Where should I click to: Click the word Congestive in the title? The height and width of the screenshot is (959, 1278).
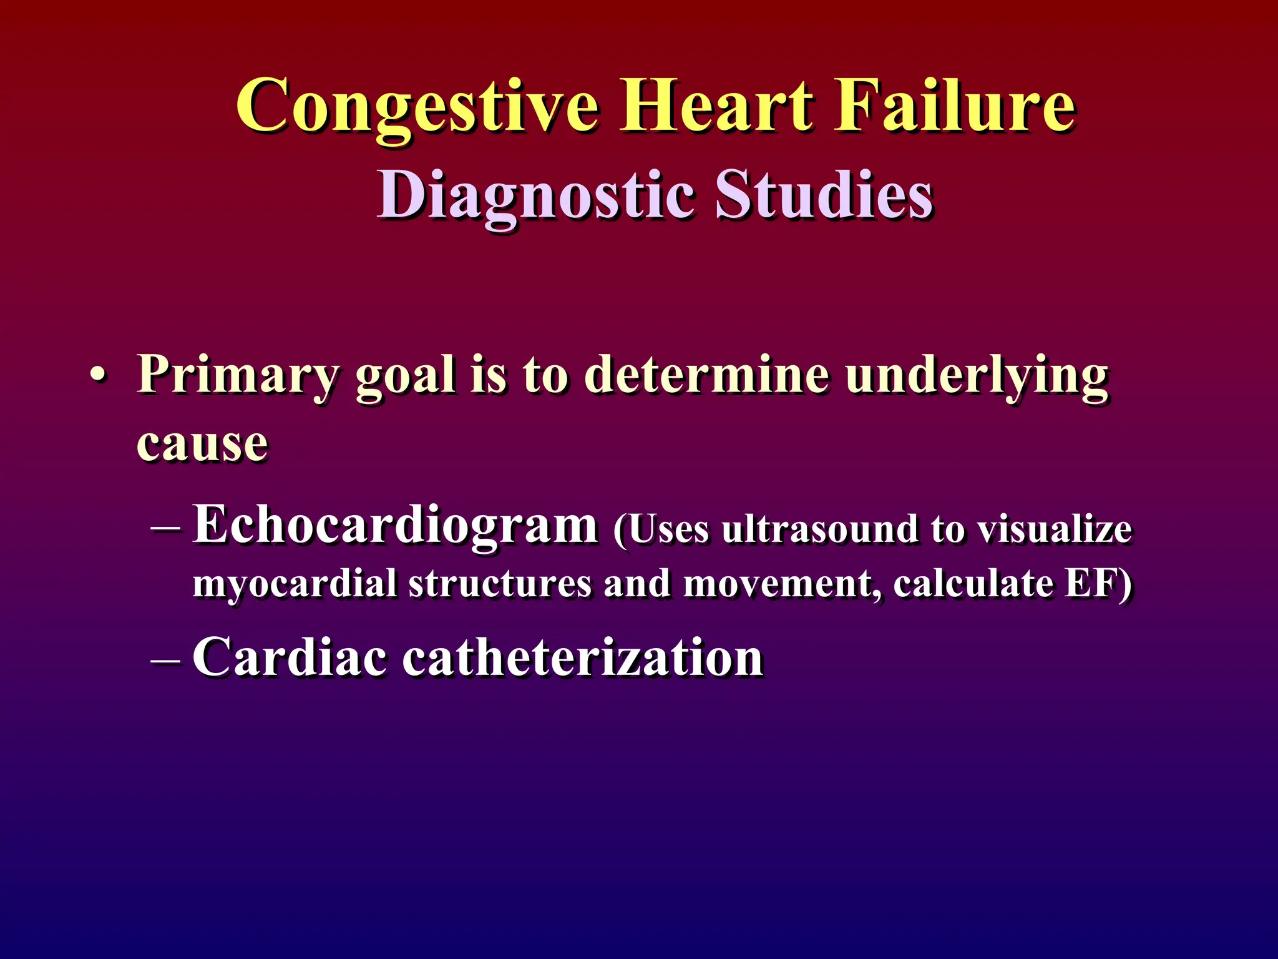417,106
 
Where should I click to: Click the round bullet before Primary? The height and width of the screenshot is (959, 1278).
97,377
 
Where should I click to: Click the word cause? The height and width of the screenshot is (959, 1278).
202,445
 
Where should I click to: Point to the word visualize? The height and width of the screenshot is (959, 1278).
1054,529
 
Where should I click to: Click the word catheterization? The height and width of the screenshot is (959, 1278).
583,658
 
